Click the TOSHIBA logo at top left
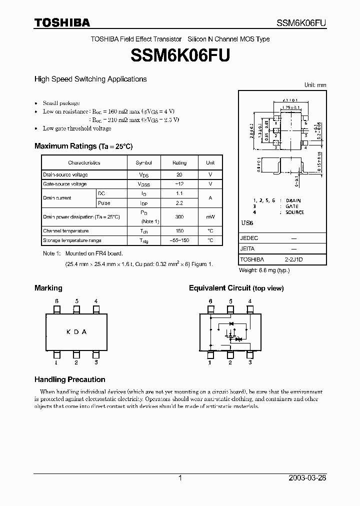click(x=62, y=22)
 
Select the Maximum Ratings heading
click(x=83, y=146)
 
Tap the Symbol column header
click(x=144, y=163)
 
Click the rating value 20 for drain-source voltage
click(x=179, y=174)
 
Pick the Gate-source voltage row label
click(x=65, y=184)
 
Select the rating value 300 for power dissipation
click(x=179, y=217)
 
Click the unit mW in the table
click(x=210, y=217)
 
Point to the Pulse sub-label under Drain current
click(x=104, y=203)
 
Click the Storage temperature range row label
click(x=72, y=240)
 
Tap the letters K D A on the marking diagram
click(x=76, y=331)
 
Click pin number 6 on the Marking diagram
click(x=57, y=301)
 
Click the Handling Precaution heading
click(x=69, y=379)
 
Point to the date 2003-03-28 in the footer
click(x=307, y=478)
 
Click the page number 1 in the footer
click(x=180, y=478)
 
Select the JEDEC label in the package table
click(x=249, y=238)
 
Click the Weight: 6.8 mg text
click(x=264, y=270)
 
